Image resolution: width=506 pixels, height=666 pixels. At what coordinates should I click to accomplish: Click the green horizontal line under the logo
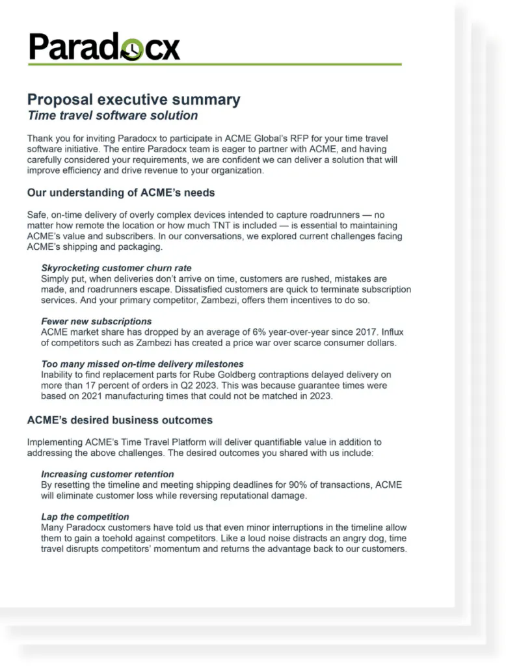(x=214, y=64)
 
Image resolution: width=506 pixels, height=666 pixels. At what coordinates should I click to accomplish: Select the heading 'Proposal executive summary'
(x=133, y=100)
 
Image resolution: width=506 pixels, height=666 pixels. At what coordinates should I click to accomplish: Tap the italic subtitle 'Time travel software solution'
(x=113, y=116)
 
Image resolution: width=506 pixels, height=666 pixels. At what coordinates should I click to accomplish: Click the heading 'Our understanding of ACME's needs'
(x=121, y=193)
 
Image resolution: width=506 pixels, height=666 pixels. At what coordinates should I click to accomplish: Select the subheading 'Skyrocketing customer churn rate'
(x=116, y=268)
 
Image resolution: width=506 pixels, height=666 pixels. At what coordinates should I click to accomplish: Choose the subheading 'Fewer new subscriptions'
(x=96, y=321)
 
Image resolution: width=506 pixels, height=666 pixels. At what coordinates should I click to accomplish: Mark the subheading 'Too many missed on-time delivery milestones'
(x=142, y=364)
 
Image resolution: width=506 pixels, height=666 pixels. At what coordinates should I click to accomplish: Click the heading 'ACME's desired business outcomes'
(x=120, y=420)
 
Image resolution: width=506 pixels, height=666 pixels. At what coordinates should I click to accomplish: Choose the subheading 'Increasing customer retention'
(x=107, y=474)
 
